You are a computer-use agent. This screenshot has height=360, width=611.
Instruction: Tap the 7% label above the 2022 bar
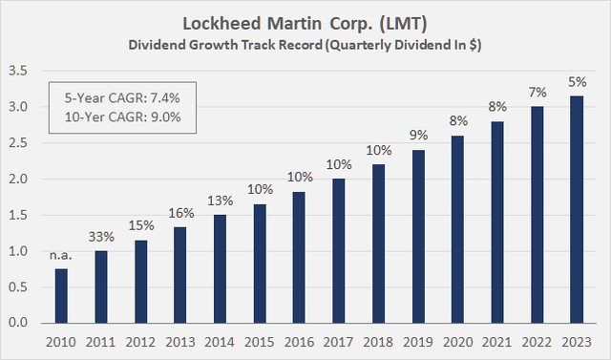537,92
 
